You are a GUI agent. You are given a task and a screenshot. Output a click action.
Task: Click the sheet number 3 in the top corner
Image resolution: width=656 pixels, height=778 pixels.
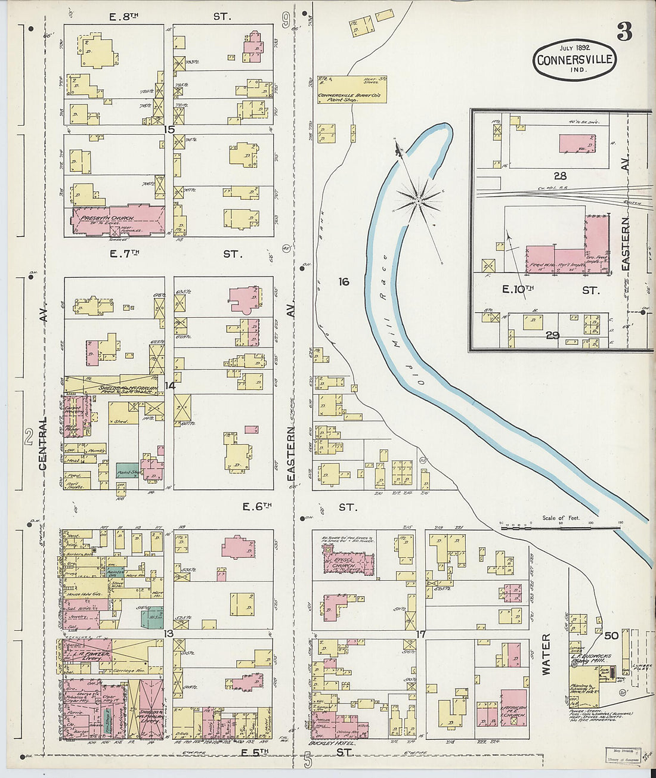click(624, 32)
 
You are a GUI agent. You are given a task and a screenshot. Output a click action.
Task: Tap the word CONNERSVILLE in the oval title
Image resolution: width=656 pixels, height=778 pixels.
click(574, 60)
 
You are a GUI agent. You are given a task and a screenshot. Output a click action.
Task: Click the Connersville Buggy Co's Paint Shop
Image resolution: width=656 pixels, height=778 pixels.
click(351, 89)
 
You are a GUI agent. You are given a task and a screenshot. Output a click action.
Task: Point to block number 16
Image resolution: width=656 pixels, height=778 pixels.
click(344, 281)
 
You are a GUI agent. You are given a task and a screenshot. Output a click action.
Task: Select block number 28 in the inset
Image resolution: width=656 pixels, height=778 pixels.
click(559, 176)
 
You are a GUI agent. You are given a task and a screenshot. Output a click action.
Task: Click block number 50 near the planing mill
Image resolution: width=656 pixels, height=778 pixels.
click(611, 636)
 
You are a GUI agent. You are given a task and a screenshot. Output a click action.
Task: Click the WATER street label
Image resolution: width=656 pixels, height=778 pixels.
click(546, 655)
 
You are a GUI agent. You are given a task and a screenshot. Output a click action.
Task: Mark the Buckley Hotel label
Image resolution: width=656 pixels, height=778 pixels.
click(332, 743)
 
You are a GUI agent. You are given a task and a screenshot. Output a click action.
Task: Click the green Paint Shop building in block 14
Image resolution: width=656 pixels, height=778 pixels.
click(127, 470)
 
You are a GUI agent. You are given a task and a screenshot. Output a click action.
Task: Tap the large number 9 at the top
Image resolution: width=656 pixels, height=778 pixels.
click(286, 21)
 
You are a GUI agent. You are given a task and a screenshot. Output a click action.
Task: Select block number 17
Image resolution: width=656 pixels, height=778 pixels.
click(421, 634)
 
